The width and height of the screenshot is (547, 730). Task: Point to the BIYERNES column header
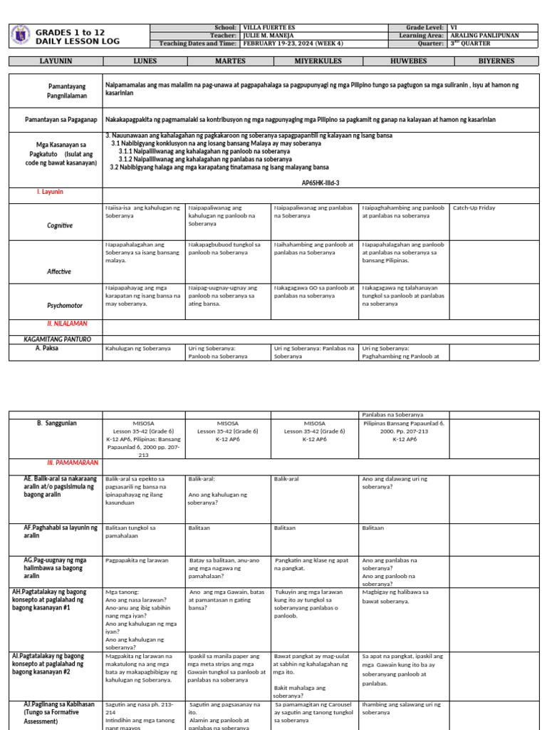pyautogui.click(x=496, y=61)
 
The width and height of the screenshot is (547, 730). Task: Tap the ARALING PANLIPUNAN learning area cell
pyautogui.click(x=484, y=34)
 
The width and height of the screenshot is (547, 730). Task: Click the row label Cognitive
pyautogui.click(x=60, y=225)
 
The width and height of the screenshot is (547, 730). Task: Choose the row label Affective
pyautogui.click(x=59, y=272)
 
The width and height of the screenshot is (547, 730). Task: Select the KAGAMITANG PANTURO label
pyautogui.click(x=56, y=339)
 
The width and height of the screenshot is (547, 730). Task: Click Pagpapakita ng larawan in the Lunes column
pyautogui.click(x=137, y=560)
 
